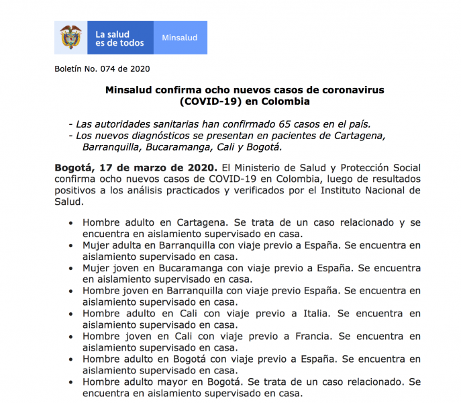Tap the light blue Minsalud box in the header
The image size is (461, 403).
click(180, 38)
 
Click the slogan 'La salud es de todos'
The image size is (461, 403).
click(119, 38)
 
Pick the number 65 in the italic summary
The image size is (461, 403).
click(285, 124)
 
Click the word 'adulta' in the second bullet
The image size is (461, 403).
click(132, 244)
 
